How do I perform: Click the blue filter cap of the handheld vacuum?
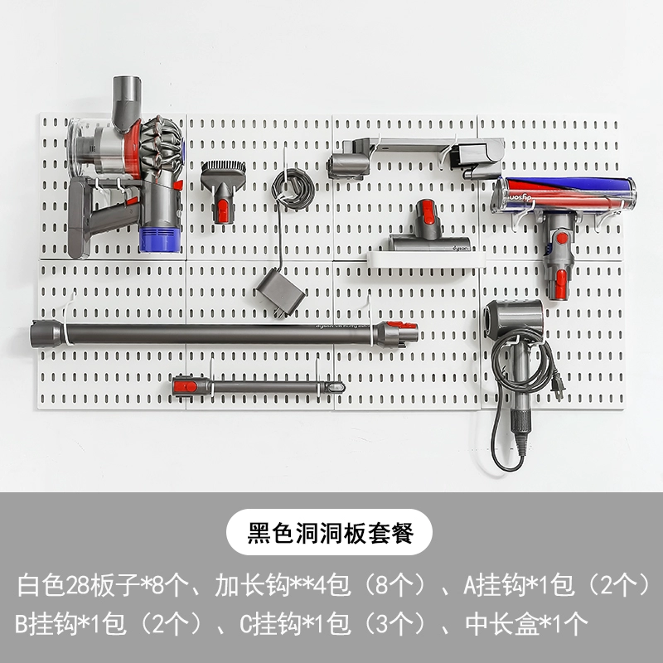[x=160, y=240]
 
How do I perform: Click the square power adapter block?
[x=280, y=293]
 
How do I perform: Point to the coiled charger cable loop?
[x=293, y=189]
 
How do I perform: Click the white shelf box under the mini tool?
[x=426, y=259]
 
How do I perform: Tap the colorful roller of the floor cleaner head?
[x=565, y=194]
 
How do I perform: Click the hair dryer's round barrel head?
[x=513, y=318]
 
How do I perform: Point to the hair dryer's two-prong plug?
[x=558, y=385]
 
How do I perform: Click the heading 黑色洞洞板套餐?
[x=330, y=532]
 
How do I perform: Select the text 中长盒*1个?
[x=526, y=623]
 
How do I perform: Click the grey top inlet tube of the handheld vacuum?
[x=126, y=99]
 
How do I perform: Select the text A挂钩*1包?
[x=519, y=585]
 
